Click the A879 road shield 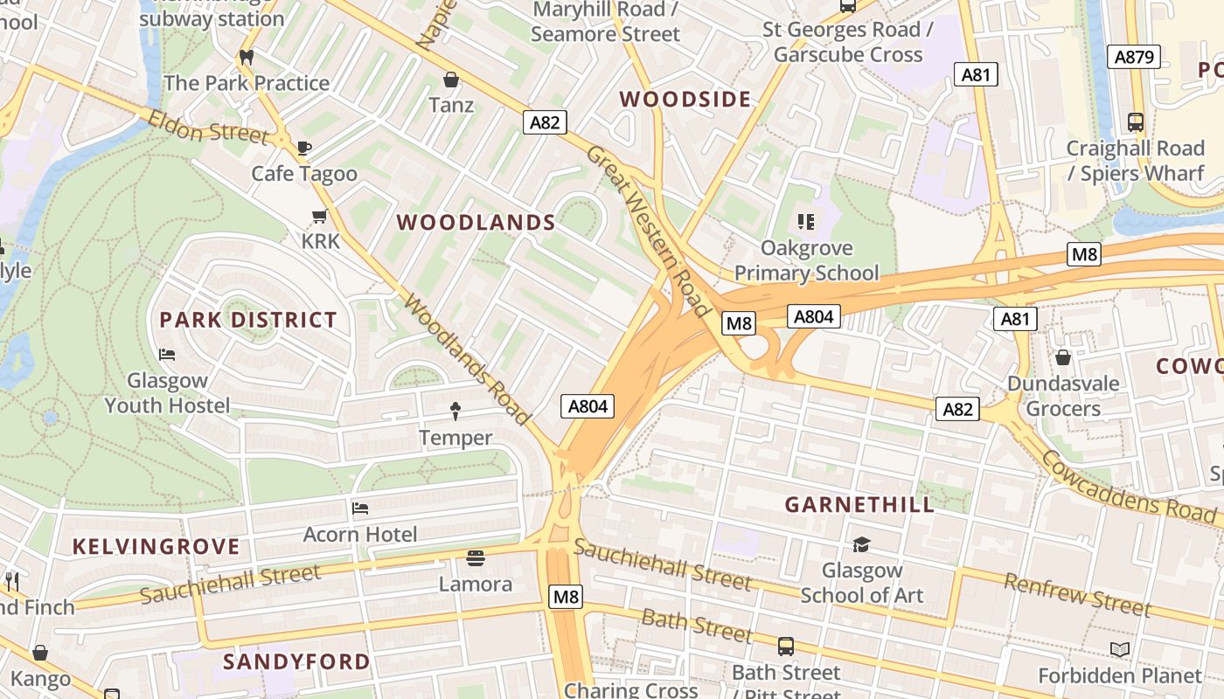(1134, 58)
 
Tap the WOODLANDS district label (476, 223)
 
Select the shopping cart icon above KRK (319, 216)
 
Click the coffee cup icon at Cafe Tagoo (304, 148)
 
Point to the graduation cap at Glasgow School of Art (861, 544)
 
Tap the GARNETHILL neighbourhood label (859, 504)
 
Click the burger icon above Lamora (476, 557)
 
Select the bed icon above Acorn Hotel (360, 508)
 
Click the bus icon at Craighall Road (1135, 122)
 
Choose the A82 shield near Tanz (545, 122)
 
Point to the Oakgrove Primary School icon (806, 222)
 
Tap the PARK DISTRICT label (248, 320)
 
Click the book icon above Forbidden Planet (1120, 649)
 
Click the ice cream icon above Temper (456, 411)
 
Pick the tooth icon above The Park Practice (247, 57)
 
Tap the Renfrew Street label (1077, 594)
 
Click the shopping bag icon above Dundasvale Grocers (1063, 357)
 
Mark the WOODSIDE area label (685, 100)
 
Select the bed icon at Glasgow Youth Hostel (167, 355)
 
